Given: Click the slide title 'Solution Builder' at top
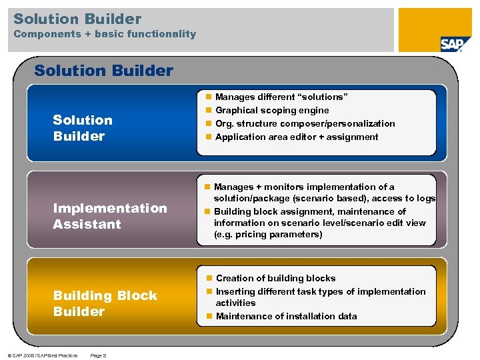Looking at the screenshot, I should [x=77, y=19].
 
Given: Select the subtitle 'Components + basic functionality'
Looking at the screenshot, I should [x=105, y=34].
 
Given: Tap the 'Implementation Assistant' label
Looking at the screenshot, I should [x=109, y=216].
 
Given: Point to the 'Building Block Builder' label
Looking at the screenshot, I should [x=105, y=303].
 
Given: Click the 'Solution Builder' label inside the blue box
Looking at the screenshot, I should [x=82, y=128].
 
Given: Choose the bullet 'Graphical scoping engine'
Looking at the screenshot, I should [x=272, y=110].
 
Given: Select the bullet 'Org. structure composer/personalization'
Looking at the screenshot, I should [x=305, y=123].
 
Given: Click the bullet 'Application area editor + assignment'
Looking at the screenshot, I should [x=297, y=137].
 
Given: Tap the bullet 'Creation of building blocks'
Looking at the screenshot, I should [x=275, y=278].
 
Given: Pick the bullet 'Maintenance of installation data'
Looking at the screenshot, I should [x=286, y=316].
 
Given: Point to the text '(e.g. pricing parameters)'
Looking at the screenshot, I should [x=267, y=234].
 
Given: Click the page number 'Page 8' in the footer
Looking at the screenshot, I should [x=98, y=355].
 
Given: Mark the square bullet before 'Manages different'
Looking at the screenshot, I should [x=209, y=97].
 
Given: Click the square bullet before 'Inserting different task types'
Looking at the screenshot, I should [x=209, y=291].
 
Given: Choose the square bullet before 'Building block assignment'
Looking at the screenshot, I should [x=209, y=211].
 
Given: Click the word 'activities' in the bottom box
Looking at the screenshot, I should [x=235, y=303].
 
